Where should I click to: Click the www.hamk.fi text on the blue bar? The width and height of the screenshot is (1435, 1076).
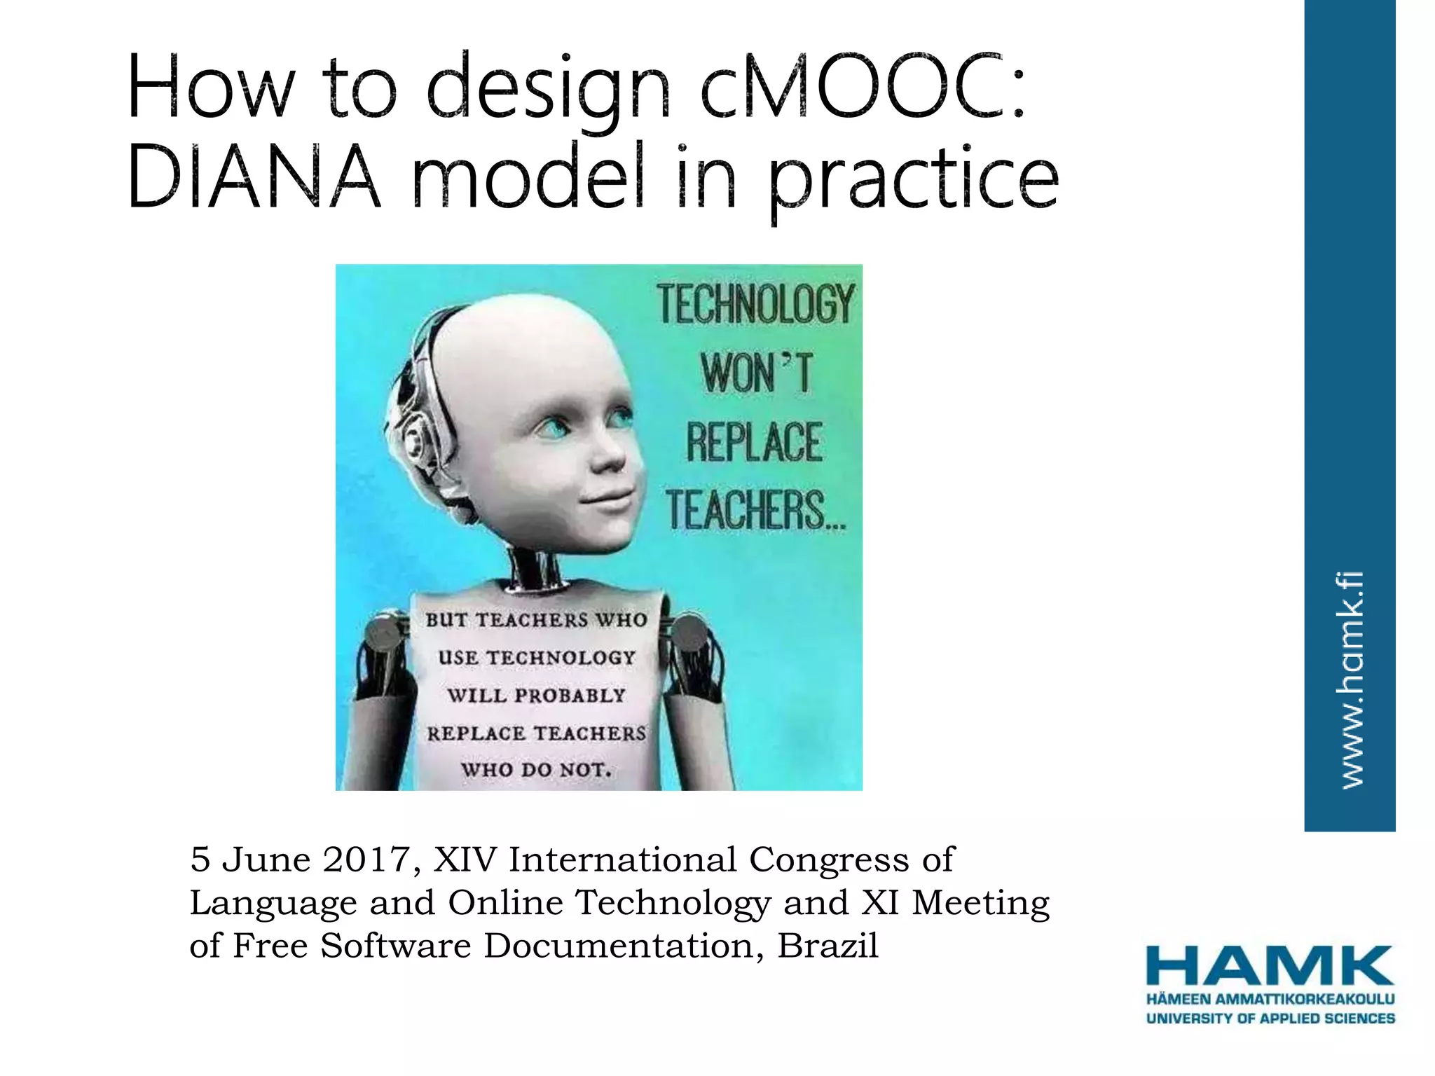1350,680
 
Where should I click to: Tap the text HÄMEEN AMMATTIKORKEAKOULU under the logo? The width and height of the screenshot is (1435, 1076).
1270,999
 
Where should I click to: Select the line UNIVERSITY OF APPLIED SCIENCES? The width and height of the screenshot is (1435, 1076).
1270,1018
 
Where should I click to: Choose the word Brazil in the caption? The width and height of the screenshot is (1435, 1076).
828,946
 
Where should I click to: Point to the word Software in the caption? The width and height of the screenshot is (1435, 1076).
395,946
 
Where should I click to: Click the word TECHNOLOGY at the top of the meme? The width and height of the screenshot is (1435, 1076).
756,305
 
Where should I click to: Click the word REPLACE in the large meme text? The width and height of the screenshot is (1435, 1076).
754,443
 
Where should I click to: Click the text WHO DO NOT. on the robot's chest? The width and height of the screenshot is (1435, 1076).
536,770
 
